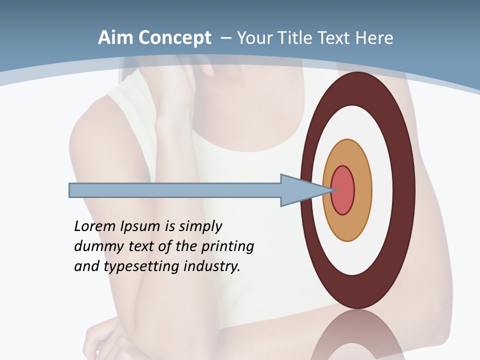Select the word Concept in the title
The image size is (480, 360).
[175, 38]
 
